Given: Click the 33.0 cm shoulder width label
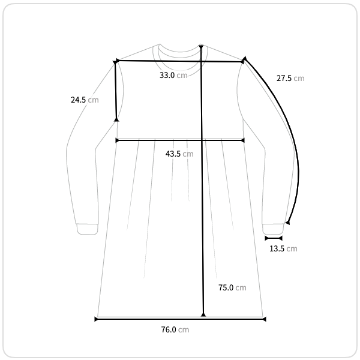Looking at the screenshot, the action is click(173, 75).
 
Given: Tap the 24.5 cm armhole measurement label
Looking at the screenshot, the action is click(85, 100).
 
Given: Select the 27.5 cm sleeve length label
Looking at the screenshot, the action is click(290, 78).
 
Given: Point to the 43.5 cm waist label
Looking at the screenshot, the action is click(179, 154).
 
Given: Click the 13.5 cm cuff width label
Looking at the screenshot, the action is click(283, 248).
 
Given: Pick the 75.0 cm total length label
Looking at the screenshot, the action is click(232, 287).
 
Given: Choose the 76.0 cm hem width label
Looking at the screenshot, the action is click(175, 329).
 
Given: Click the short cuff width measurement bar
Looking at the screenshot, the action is click(274, 238).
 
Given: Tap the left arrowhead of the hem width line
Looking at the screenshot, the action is click(96, 319).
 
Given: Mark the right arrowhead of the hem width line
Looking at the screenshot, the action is click(264, 319).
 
